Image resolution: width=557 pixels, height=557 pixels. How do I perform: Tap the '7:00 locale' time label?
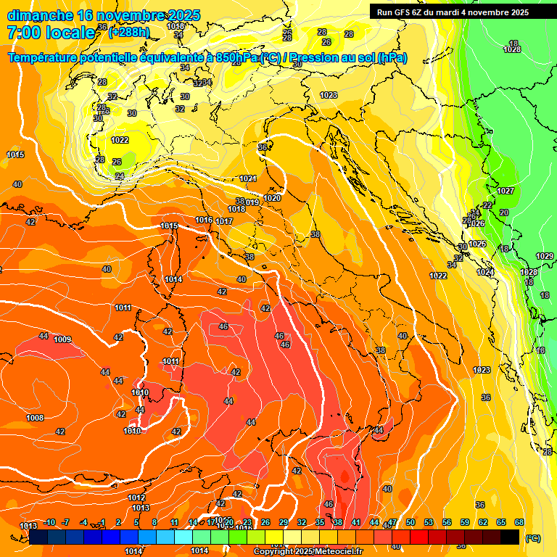click(51, 33)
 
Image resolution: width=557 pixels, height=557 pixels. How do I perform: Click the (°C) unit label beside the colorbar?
click(532, 538)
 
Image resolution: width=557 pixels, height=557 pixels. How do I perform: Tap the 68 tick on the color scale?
click(519, 522)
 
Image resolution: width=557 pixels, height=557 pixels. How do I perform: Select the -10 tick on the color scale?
click(49, 522)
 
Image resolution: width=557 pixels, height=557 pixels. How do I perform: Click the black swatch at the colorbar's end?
click(510, 537)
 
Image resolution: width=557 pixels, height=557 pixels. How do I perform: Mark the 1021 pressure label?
click(248, 178)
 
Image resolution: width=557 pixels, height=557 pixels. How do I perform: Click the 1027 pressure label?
click(506, 191)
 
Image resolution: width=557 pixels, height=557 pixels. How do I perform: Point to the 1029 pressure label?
click(544, 256)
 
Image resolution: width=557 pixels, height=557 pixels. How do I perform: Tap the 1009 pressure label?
click(62, 339)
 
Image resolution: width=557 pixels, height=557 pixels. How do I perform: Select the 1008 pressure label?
click(35, 418)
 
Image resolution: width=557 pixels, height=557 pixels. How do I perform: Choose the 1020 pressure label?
click(272, 198)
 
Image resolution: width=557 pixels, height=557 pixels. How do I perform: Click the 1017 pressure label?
click(224, 221)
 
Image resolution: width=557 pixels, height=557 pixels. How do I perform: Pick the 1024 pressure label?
click(485, 272)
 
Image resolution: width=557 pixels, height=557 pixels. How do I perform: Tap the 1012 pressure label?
click(136, 498)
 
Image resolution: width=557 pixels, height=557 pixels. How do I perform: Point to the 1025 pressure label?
click(477, 244)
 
